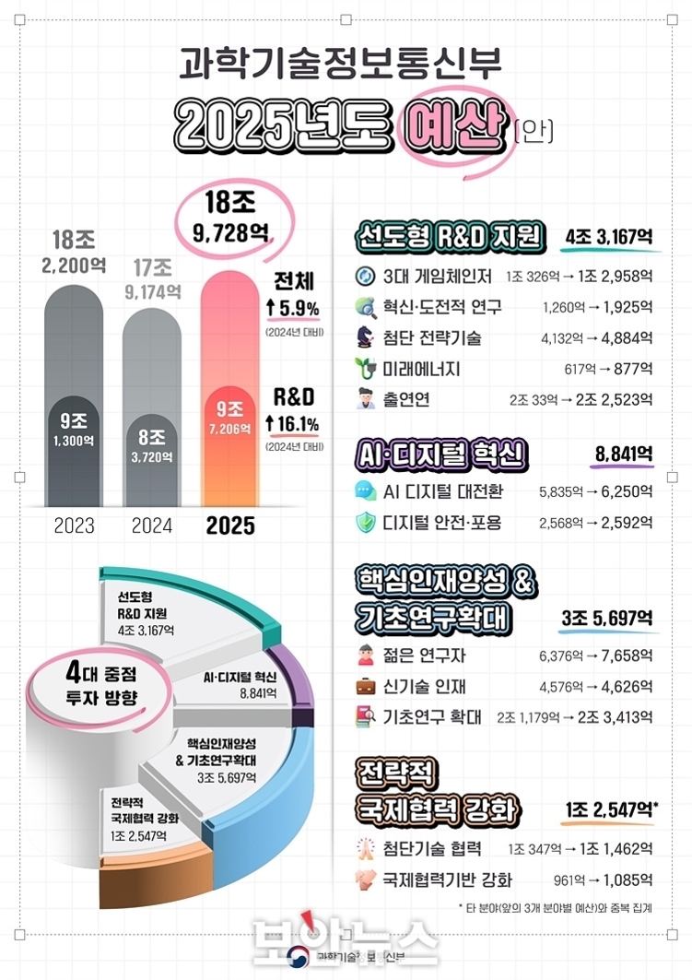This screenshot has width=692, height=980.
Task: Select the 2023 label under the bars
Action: pos(74,526)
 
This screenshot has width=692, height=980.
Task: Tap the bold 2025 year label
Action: pos(230,526)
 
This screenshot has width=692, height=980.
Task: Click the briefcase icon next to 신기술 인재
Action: pos(367,687)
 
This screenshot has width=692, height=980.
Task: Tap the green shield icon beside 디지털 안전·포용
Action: pos(367,523)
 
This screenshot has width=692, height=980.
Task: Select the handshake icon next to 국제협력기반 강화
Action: pos(367,880)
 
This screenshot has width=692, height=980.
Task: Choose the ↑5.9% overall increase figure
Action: pos(292,307)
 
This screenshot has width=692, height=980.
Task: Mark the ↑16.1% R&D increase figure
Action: pos(292,424)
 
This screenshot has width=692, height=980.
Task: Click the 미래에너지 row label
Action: pos(422,369)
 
